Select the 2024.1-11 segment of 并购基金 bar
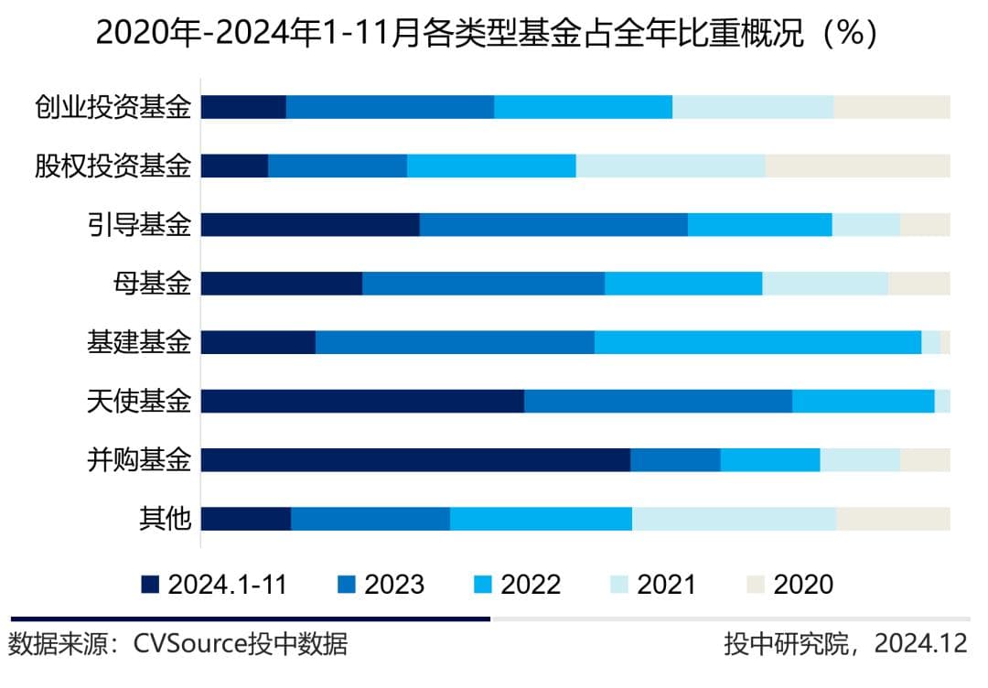coord(415,459)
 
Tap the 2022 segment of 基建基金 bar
coord(757,342)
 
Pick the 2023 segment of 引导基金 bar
coord(553,224)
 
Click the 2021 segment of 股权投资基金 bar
coord(671,166)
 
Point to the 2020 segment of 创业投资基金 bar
coord(892,107)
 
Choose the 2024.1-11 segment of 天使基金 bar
coord(362,401)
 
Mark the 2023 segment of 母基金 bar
coord(483,284)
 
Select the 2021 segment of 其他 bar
coord(734,519)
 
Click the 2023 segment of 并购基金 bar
coord(675,459)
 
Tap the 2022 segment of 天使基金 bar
coord(863,401)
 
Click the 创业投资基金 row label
coord(113,107)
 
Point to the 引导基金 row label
coord(139,224)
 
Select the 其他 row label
coord(165,519)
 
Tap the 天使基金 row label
coord(139,401)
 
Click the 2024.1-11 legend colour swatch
coord(151,585)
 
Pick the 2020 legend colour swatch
coord(755,585)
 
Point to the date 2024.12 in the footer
coord(919,643)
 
